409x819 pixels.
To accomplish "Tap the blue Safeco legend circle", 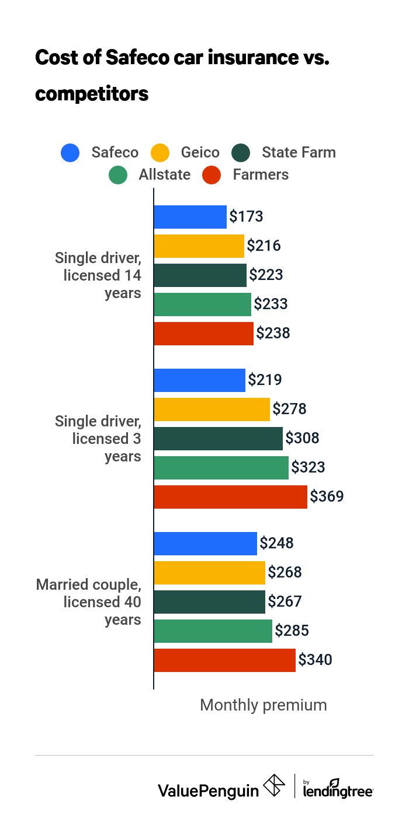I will coord(70,153).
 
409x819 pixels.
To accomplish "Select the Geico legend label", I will coord(200,153).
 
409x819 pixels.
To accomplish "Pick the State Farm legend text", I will coord(299,153).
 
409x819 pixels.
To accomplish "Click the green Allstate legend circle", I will coord(118,175).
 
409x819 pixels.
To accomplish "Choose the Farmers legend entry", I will coord(260,175).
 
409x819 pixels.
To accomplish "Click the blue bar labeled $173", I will coord(190,217).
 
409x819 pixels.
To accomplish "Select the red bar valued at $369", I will coord(230,497).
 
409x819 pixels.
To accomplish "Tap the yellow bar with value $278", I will coord(212,409).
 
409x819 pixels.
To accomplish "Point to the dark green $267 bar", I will coord(209,602).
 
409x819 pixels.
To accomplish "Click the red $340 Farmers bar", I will coord(224,660).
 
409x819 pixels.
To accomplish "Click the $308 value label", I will coord(302,439).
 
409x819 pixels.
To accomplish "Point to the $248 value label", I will coord(276,544).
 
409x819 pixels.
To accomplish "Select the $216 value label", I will coord(264,246).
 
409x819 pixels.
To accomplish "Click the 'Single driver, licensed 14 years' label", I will coord(98,275).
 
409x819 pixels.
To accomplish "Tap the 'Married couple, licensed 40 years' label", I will coord(89,602).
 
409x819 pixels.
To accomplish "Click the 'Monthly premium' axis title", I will coord(263,705).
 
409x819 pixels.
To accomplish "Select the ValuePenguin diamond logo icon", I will coord(274,786).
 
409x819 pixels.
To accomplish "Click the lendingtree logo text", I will coord(338,790).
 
